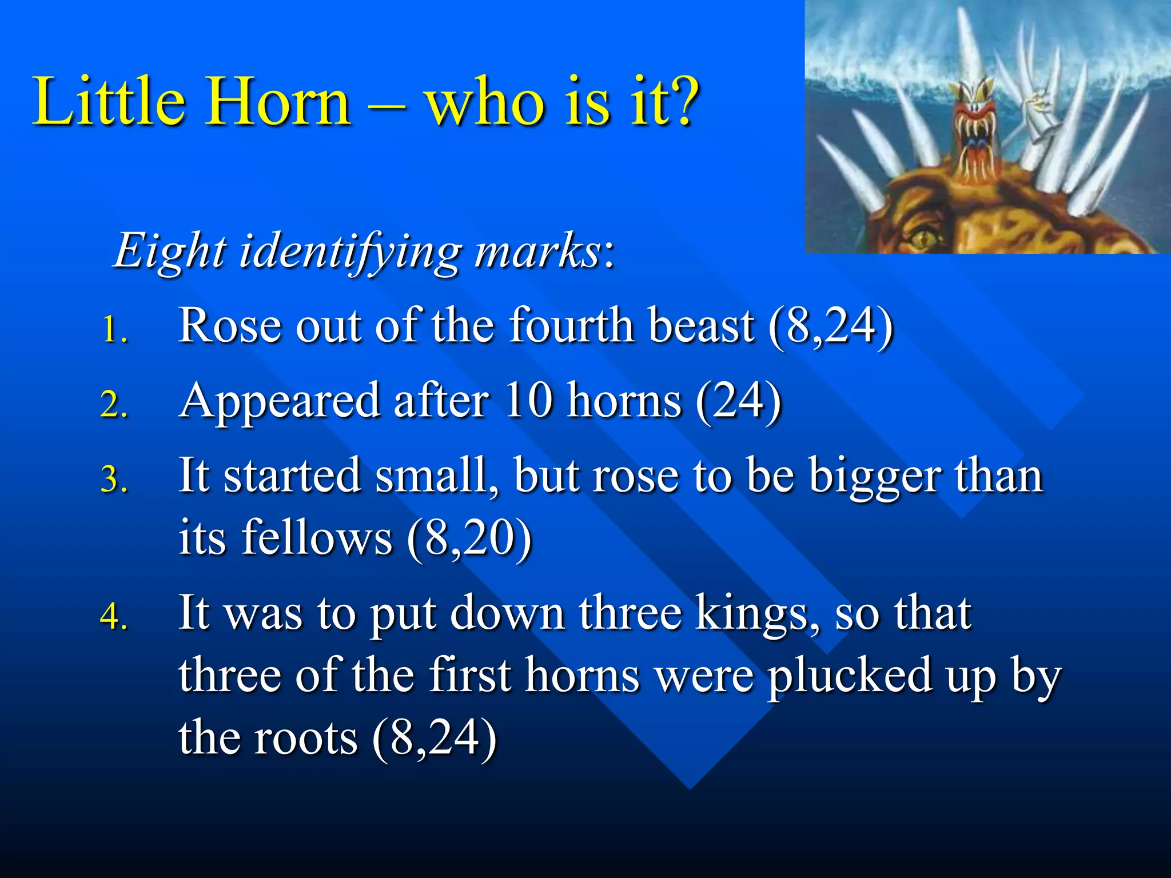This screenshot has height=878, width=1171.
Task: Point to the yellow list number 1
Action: click(x=113, y=330)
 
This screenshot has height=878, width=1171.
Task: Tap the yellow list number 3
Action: click(x=113, y=479)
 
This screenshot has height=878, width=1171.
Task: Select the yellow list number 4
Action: click(x=113, y=616)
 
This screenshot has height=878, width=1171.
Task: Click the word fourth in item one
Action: click(x=572, y=326)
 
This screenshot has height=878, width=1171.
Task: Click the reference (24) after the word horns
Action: click(x=738, y=401)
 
